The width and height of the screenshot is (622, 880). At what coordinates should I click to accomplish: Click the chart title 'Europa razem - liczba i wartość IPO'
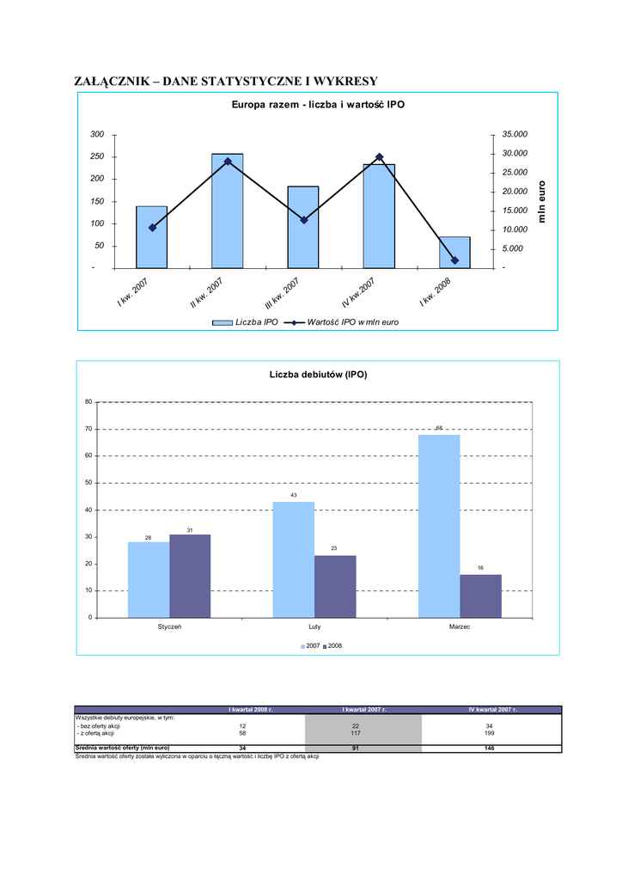click(318, 105)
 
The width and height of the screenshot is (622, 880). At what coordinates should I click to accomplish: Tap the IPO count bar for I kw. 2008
click(454, 252)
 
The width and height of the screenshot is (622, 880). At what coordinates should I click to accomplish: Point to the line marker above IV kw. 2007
click(379, 157)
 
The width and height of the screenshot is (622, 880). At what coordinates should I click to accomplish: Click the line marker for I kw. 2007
click(152, 228)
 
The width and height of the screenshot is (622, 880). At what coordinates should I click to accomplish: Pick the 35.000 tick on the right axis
click(515, 135)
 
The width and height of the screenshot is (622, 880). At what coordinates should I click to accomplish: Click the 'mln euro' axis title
click(542, 201)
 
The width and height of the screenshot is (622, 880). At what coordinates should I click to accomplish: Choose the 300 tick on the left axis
click(97, 135)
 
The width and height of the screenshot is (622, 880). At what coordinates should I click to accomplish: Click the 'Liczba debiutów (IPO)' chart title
click(318, 375)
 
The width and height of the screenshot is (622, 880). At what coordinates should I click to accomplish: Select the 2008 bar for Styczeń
click(190, 576)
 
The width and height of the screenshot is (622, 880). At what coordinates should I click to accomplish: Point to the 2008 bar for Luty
click(335, 586)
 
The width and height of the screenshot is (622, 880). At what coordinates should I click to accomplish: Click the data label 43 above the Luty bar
click(293, 495)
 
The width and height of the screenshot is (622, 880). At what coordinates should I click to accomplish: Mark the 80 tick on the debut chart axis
click(88, 402)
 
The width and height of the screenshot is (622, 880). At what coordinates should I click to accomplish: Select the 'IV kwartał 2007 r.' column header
click(491, 710)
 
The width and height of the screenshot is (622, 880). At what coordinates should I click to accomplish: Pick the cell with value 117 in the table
click(363, 733)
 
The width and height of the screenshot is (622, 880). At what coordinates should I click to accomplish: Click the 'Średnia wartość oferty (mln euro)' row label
click(122, 748)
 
